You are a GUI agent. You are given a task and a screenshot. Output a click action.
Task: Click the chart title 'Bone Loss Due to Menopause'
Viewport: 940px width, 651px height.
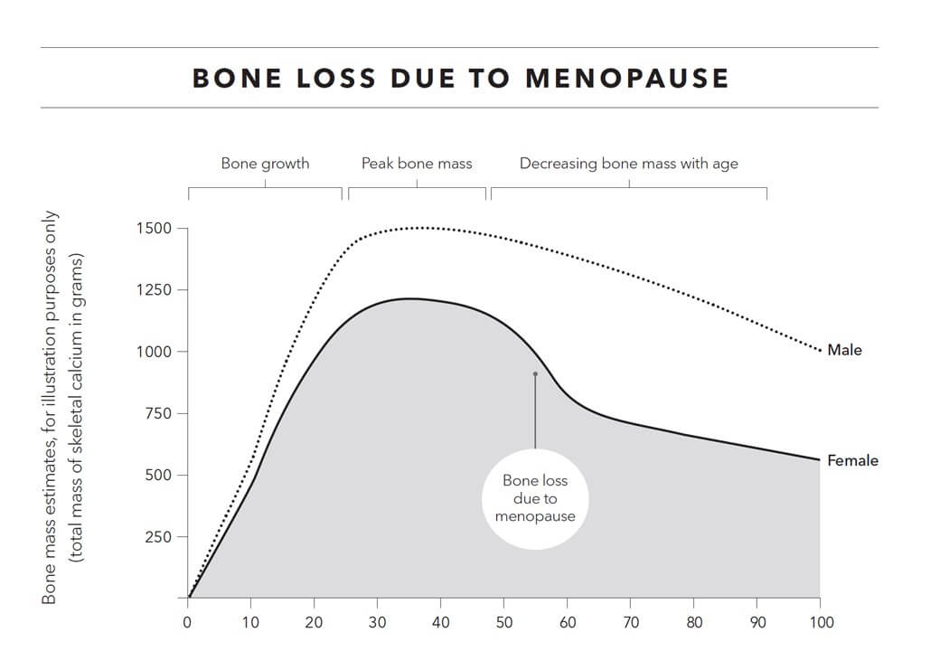point(460,78)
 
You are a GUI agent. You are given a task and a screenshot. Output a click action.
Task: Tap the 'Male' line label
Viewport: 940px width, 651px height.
point(844,350)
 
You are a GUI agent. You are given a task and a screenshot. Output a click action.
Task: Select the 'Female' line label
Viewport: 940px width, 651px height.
point(852,460)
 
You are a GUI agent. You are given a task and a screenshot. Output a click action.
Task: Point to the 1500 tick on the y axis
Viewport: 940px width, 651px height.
point(153,228)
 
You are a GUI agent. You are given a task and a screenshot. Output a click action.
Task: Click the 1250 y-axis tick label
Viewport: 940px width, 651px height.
point(153,290)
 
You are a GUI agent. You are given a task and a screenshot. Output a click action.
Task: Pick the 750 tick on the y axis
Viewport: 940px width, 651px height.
point(156,413)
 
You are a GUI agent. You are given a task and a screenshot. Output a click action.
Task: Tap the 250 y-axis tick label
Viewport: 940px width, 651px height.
point(156,536)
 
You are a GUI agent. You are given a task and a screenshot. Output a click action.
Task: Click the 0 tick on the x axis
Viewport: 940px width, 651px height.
point(188,622)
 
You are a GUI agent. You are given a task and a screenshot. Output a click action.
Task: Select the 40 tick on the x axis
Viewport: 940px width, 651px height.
point(440,622)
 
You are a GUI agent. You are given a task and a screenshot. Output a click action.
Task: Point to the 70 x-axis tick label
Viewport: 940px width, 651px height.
point(630,622)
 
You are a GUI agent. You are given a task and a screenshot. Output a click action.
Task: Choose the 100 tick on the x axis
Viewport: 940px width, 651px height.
point(821,622)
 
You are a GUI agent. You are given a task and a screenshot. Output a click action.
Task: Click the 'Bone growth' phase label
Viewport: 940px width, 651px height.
point(265,164)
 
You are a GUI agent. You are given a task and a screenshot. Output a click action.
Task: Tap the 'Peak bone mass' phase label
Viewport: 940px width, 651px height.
point(417,164)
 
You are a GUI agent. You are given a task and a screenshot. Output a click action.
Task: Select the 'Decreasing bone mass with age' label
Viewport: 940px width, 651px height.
point(628,164)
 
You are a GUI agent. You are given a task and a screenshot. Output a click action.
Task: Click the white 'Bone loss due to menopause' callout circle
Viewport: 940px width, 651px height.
point(535,498)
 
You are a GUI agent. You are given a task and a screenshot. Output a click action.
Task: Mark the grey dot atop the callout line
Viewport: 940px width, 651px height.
point(535,373)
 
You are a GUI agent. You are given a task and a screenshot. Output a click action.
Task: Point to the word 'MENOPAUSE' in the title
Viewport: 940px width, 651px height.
point(626,78)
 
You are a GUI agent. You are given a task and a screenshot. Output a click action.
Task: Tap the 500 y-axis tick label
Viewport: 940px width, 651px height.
point(156,475)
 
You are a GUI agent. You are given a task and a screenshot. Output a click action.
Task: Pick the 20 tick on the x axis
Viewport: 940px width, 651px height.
point(314,622)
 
